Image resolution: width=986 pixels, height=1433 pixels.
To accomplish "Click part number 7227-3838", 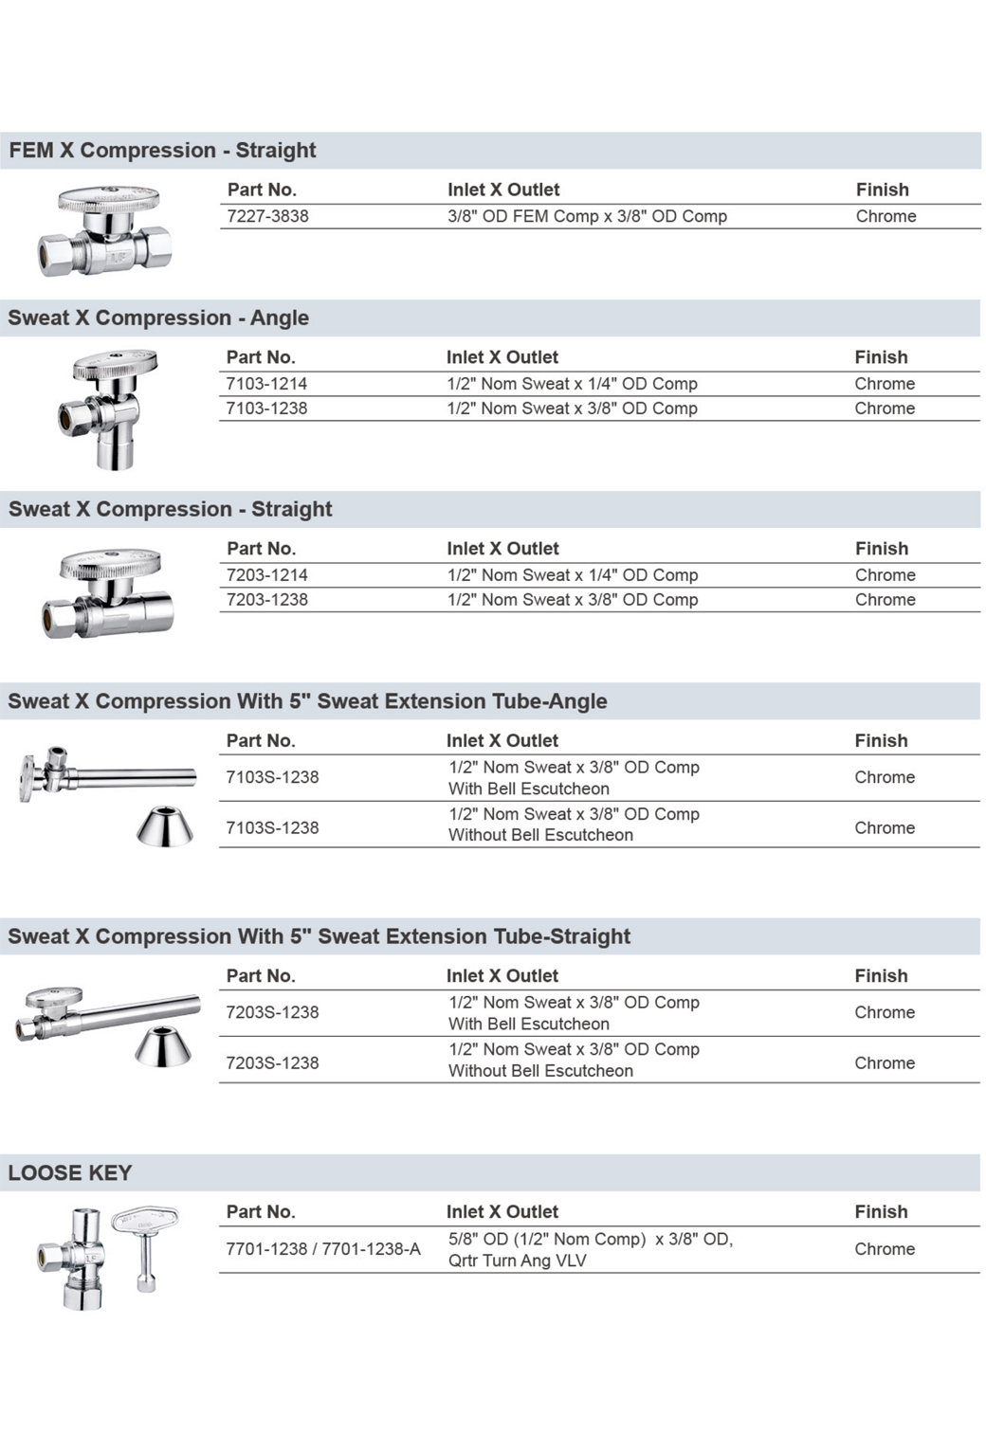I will (x=267, y=216).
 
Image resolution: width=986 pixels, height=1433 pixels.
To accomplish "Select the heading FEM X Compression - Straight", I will (x=162, y=151).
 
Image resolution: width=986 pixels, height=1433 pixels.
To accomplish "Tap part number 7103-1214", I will (x=266, y=384).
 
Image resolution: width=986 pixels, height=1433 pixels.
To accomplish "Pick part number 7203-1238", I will (x=266, y=600).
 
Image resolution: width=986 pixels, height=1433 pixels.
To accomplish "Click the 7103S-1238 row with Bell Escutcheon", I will (x=272, y=777).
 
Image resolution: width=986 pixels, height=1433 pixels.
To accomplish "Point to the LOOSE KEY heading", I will (x=70, y=1173).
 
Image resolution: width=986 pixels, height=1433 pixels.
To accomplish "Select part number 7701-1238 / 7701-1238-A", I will (x=322, y=1249).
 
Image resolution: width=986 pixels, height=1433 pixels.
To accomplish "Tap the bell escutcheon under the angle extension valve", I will (x=165, y=826).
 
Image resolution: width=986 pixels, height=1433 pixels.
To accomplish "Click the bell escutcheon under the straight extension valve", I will (x=163, y=1046).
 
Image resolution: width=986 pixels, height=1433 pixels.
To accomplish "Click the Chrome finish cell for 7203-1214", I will (x=885, y=575).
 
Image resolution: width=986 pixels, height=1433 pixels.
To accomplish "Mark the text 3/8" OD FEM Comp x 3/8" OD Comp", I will (x=587, y=216).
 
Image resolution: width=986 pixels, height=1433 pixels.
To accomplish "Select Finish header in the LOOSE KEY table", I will (x=881, y=1212).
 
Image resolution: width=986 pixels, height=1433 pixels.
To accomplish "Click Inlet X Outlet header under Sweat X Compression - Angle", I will (x=502, y=357).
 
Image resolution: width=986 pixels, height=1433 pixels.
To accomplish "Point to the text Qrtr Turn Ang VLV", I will (x=518, y=1261).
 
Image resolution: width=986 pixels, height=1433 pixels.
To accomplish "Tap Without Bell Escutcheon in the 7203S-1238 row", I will (x=540, y=1071).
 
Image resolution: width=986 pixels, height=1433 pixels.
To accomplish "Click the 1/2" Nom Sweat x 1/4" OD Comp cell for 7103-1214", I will (x=572, y=384).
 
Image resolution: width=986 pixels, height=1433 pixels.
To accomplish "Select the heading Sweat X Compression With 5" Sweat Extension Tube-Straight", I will (x=319, y=936).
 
